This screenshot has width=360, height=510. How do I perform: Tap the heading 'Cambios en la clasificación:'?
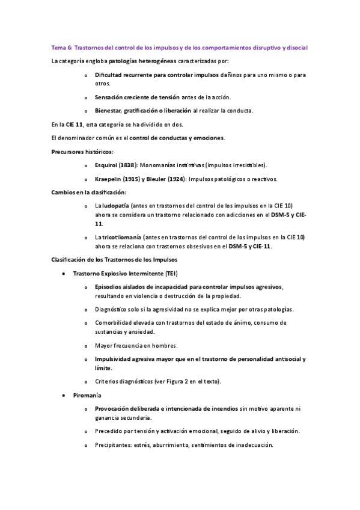coord(88,192)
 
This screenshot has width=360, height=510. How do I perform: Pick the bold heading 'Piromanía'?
coord(87,396)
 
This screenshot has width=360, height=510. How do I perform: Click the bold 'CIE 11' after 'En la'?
coord(75,124)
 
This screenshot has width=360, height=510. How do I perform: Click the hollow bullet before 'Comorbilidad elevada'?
coord(87,323)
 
